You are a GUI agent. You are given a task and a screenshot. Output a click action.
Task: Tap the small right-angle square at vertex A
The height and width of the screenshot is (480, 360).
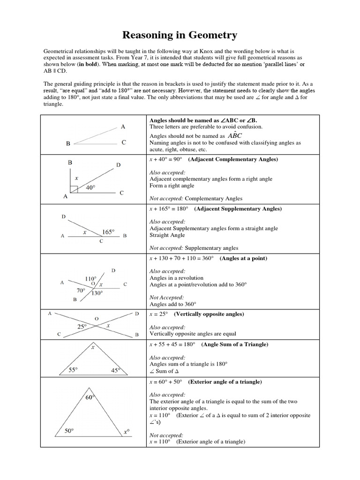(x=74, y=189)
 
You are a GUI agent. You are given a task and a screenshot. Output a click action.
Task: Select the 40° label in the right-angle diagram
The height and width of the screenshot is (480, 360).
(x=90, y=187)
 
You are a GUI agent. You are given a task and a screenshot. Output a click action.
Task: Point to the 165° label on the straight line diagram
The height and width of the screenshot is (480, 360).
(x=108, y=232)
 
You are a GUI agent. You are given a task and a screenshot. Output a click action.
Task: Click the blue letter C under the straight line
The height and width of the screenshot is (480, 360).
(x=101, y=241)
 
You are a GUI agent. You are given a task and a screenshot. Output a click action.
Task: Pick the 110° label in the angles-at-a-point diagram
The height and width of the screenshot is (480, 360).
(x=90, y=278)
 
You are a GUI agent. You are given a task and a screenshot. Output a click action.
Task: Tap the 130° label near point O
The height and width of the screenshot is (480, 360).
(x=97, y=293)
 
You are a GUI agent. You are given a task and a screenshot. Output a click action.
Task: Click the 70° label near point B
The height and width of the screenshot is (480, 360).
(x=81, y=290)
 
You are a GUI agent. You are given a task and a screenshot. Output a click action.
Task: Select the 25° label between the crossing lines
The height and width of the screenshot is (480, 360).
(x=82, y=326)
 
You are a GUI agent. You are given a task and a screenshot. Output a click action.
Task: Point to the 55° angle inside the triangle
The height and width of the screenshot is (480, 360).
(x=73, y=370)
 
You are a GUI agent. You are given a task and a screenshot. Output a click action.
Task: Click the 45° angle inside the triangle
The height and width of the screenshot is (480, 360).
(x=116, y=370)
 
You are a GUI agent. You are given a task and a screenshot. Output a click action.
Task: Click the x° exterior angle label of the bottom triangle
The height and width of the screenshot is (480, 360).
(x=127, y=432)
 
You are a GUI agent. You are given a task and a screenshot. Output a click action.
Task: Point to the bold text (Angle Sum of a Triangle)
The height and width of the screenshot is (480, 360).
(x=235, y=345)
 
